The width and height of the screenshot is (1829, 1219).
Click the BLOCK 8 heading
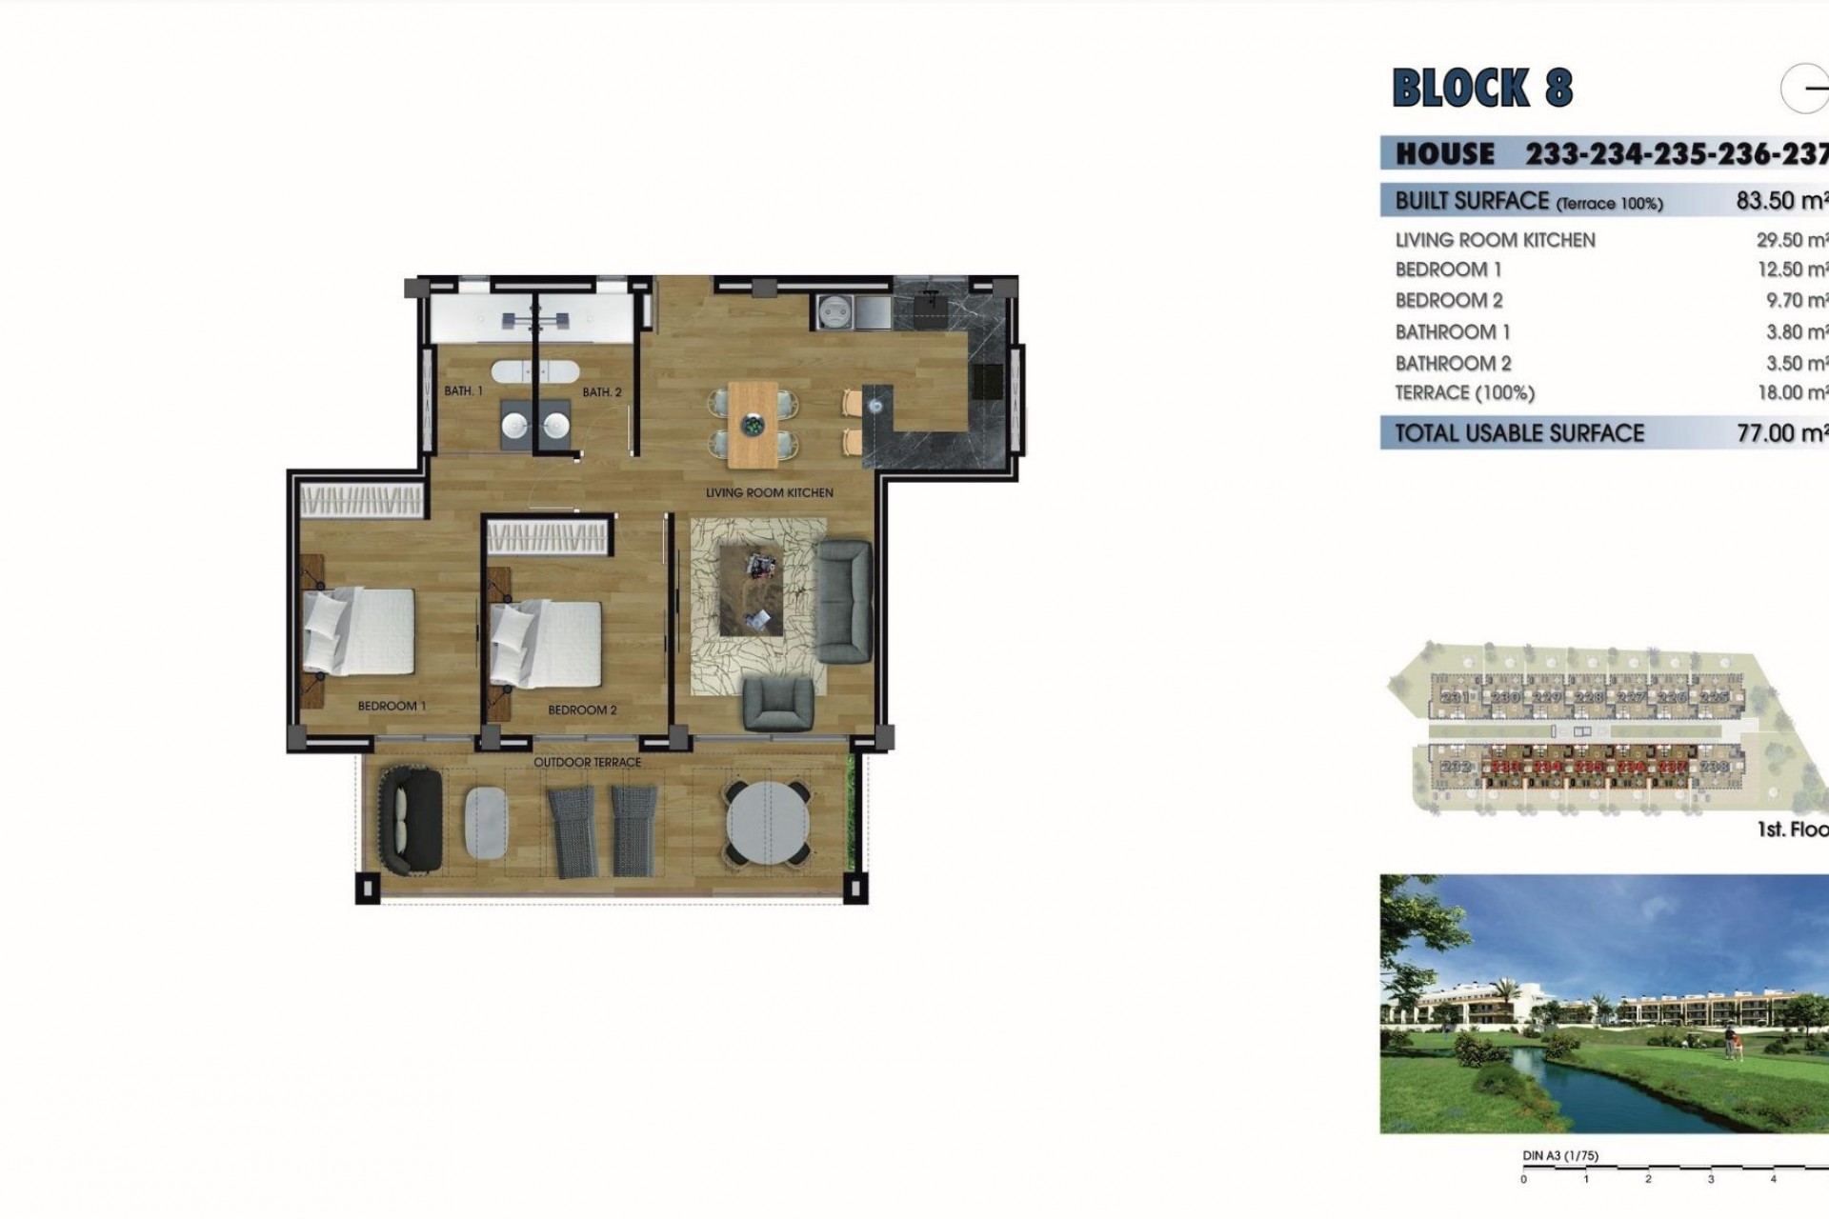pos(1482,89)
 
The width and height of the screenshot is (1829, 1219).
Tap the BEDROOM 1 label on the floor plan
pos(392,706)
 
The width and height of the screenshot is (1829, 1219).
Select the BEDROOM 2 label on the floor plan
pos(582,709)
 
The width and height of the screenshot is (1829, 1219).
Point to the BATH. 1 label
pos(464,390)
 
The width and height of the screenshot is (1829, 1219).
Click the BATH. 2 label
pos(602,391)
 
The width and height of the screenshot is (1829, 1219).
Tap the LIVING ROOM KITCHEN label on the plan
pos(769,492)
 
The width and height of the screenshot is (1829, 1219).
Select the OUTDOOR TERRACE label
pos(587,762)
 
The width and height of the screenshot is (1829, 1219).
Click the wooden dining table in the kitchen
pos(754,425)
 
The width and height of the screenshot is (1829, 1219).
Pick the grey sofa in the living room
pos(844,601)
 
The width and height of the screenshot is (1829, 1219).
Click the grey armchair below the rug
pos(778,703)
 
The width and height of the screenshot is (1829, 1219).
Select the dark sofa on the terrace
pos(411,821)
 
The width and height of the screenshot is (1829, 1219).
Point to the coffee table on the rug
pos(752,590)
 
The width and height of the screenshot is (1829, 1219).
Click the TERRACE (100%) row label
pos(1464,392)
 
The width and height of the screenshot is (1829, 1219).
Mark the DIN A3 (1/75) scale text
pos(1560,1156)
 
